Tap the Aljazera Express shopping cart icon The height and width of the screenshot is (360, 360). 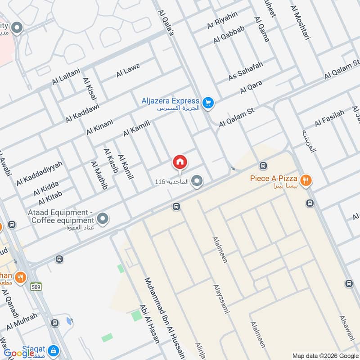point(207,103)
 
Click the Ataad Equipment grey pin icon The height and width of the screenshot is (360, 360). point(103,218)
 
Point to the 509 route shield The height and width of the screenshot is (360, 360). point(36,286)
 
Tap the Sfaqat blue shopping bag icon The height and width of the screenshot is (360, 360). point(53,350)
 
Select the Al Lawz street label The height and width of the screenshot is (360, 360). point(128,70)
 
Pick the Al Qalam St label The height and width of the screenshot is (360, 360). point(237,117)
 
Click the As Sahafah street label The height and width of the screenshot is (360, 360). point(245,72)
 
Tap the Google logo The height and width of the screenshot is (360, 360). point(19,353)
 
